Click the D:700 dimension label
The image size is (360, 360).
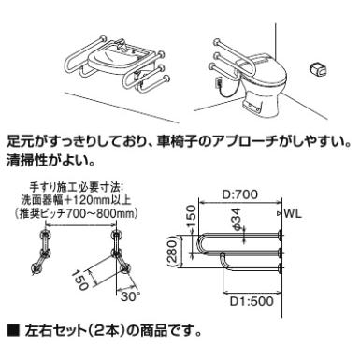(x=239, y=194)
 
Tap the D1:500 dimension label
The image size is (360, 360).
(x=252, y=301)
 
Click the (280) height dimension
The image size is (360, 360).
(x=173, y=251)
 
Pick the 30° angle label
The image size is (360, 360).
(x=128, y=296)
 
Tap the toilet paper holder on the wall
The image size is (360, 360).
(x=318, y=68)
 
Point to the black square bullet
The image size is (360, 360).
(x=13, y=330)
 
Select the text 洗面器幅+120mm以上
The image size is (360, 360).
(x=76, y=200)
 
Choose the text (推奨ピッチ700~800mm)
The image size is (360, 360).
(x=76, y=214)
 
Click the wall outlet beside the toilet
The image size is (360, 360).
(x=219, y=83)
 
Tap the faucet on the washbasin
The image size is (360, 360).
(x=122, y=43)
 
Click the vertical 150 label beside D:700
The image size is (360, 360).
(x=191, y=217)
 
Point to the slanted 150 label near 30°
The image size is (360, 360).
(x=79, y=280)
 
